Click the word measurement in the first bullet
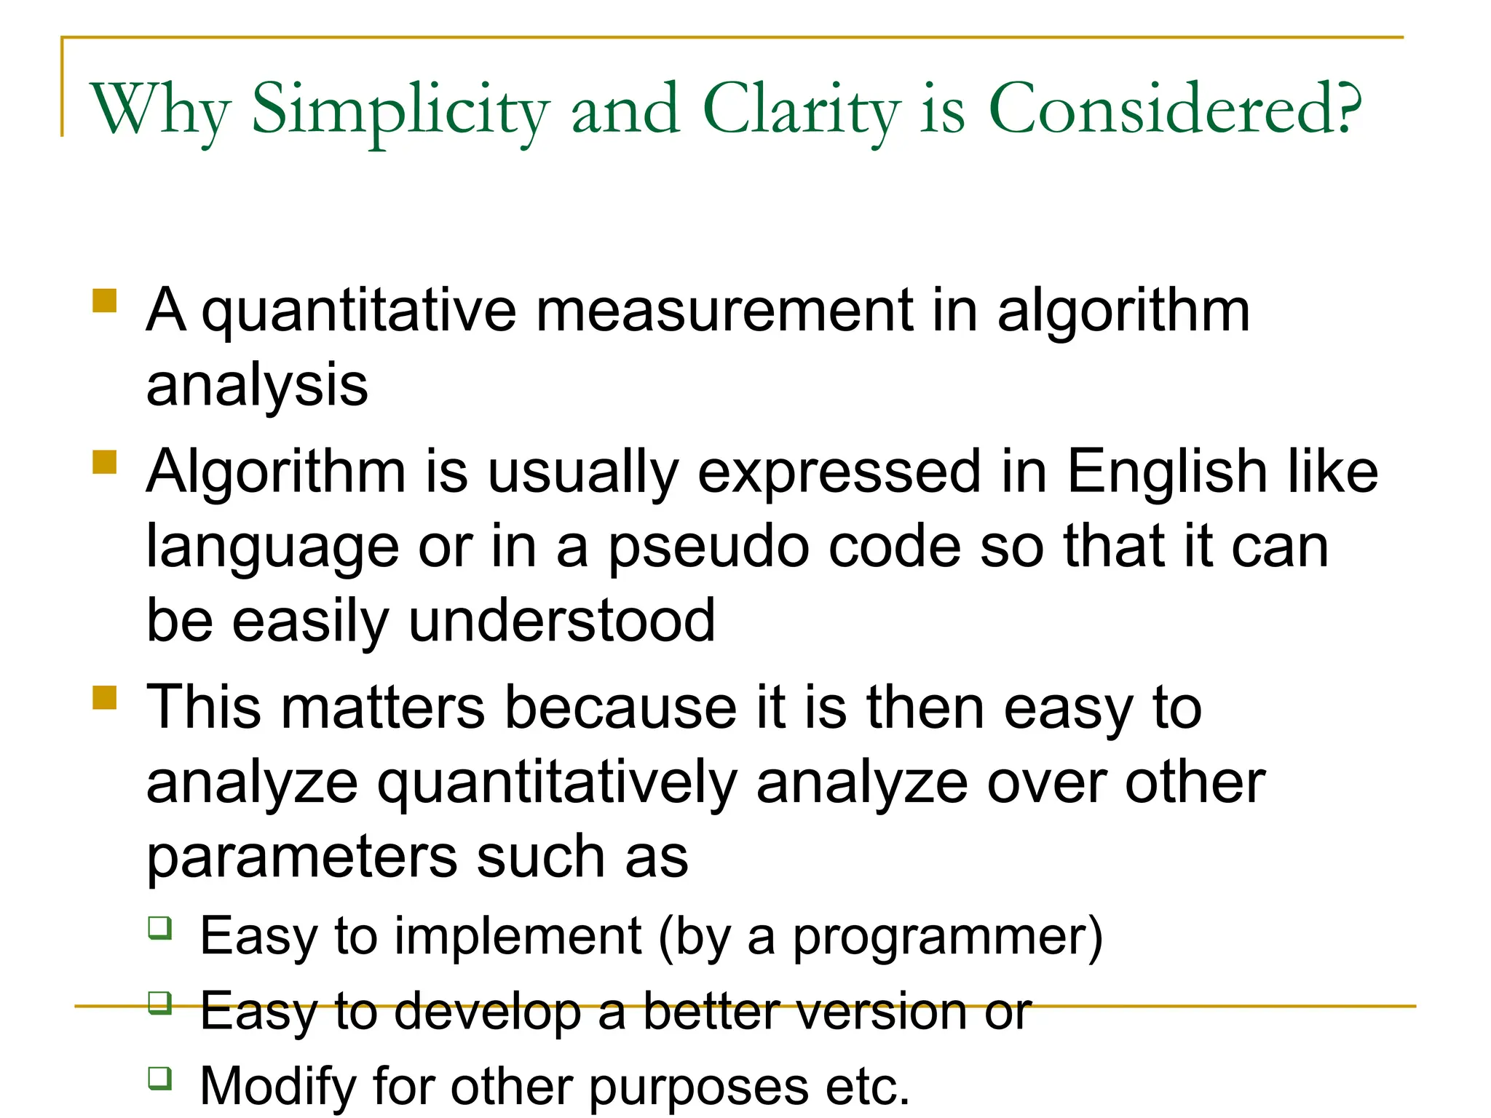(724, 311)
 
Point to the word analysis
(257, 386)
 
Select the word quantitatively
(558, 784)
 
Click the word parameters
(301, 857)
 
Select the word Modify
(277, 1087)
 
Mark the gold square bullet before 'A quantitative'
(105, 301)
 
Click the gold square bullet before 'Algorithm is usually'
(105, 462)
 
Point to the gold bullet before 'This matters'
(105, 697)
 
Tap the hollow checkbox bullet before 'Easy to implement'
(160, 928)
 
